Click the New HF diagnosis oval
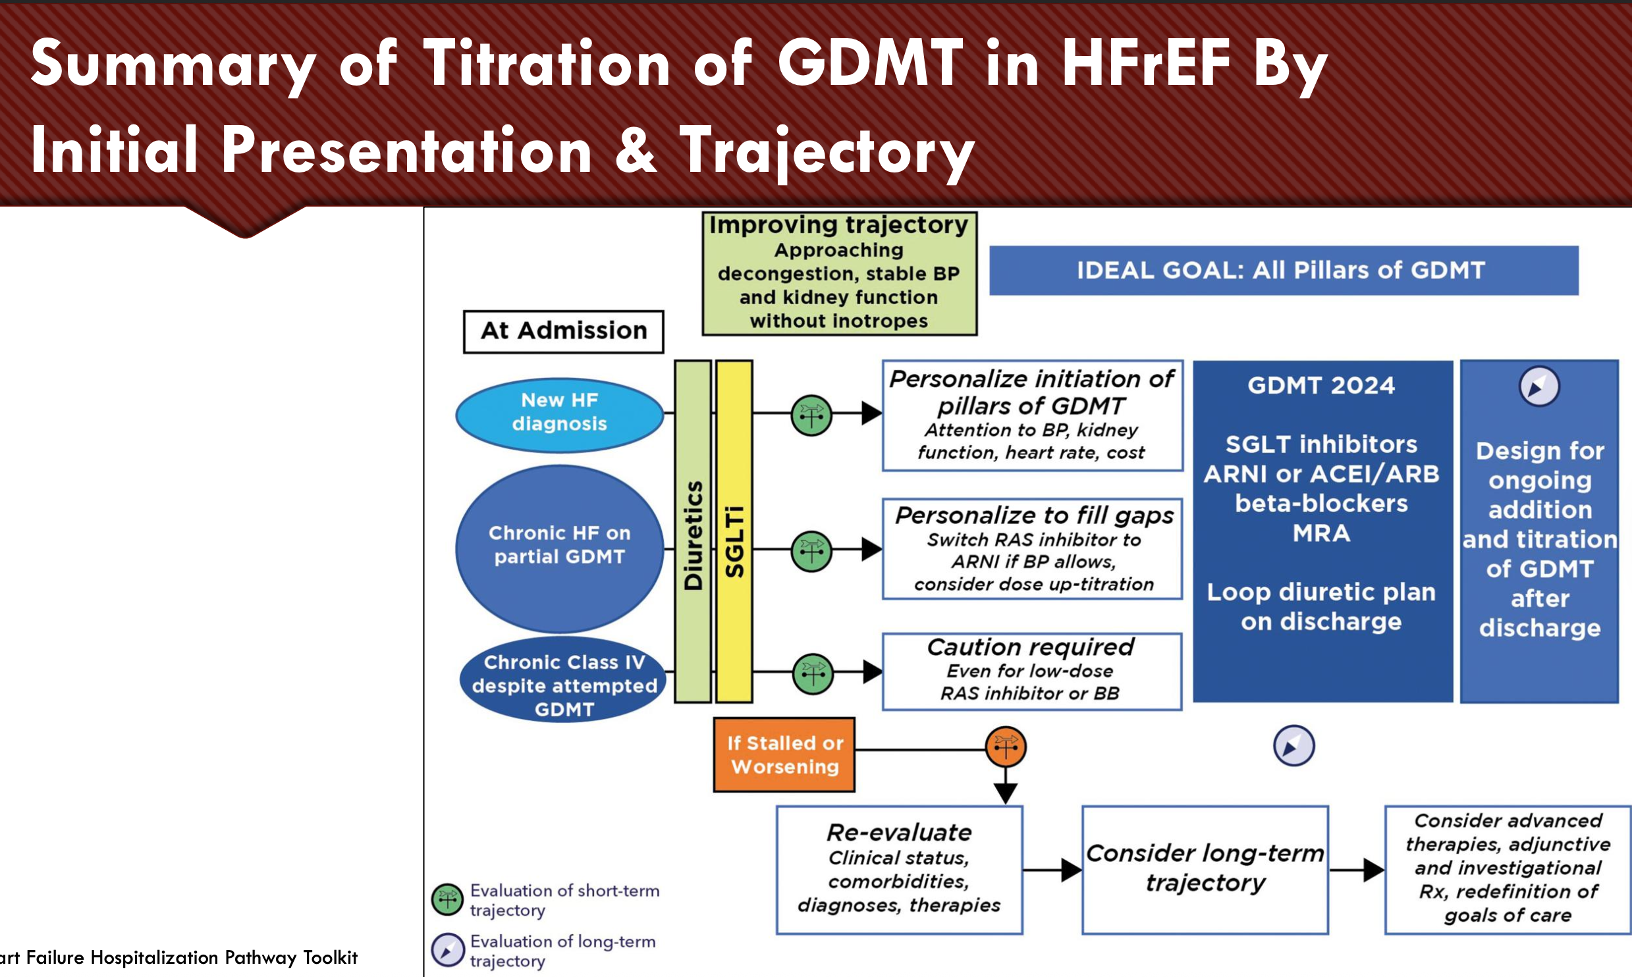click(560, 415)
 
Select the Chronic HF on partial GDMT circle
click(560, 549)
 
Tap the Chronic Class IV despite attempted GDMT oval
click(564, 679)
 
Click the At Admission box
click(564, 332)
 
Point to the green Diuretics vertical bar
click(693, 531)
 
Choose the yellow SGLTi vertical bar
click(734, 531)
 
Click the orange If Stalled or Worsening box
click(784, 754)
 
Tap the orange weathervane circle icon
click(1006, 747)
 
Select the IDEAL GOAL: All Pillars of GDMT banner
click(1284, 271)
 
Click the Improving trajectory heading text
click(839, 225)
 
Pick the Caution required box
click(1032, 672)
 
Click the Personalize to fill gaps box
click(1033, 549)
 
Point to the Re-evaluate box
click(900, 870)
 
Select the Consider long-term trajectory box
click(1205, 870)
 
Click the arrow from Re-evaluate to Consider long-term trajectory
click(1052, 870)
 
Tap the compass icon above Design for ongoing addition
click(1539, 386)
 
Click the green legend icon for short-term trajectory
click(448, 900)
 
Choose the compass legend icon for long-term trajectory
click(448, 950)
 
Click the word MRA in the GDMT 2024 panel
click(1321, 533)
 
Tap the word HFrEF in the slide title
click(1146, 63)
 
